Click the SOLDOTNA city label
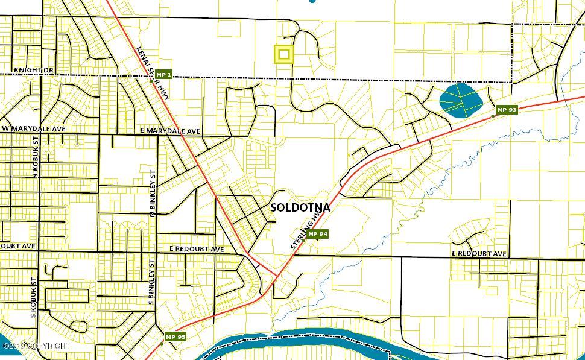[x=300, y=207]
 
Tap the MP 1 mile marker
[x=164, y=75]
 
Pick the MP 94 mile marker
[x=317, y=234]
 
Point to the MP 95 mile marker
[x=175, y=336]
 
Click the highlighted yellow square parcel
[x=284, y=54]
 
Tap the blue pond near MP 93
[x=459, y=100]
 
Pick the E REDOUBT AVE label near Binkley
[x=197, y=249]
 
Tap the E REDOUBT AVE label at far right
[x=479, y=254]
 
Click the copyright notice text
[x=36, y=346]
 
